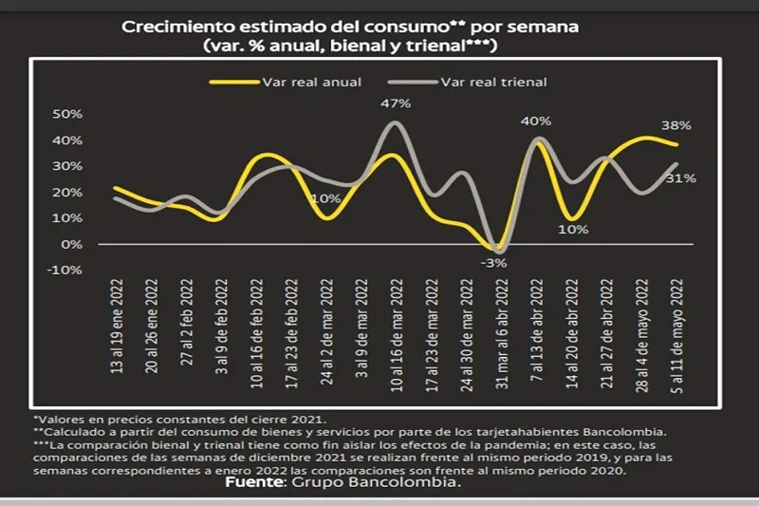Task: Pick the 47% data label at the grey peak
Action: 397,103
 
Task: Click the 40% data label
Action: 535,122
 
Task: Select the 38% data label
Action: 676,125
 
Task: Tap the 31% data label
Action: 681,178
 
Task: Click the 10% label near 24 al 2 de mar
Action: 325,199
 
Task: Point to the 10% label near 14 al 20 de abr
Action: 573,229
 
